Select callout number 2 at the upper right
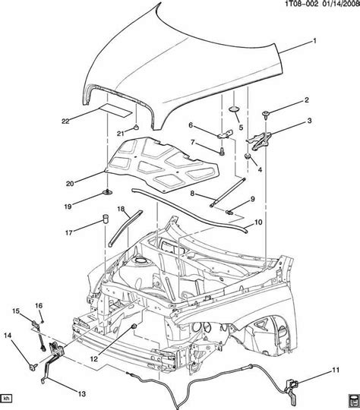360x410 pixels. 307,100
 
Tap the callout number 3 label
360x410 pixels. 309,121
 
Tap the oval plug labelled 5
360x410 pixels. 235,112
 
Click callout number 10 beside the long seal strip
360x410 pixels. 258,222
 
